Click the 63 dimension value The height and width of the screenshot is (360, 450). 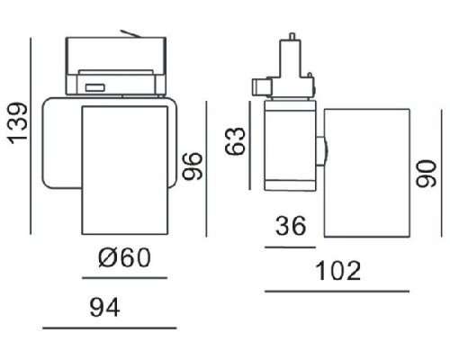237,142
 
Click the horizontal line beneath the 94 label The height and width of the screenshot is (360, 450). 109,328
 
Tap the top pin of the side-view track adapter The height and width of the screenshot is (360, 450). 292,40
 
